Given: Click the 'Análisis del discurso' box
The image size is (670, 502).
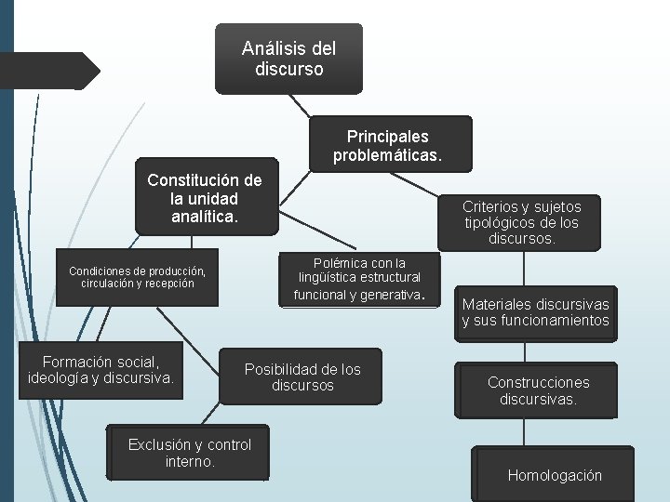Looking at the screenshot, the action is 288,58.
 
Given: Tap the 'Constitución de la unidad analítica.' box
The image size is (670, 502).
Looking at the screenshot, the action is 205,198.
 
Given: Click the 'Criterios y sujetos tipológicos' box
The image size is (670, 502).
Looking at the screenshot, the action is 522,222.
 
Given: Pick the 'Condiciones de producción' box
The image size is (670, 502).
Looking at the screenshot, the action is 137,277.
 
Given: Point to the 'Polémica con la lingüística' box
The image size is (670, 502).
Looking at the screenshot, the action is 359,279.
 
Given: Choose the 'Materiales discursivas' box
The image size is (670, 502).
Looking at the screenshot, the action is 535,312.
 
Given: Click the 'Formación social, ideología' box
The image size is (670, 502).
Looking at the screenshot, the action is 101,369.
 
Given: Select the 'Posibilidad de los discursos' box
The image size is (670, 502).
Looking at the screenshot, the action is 301,376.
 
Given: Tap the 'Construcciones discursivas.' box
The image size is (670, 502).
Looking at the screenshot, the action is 538,390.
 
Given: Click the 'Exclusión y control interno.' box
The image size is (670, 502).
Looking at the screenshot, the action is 189,452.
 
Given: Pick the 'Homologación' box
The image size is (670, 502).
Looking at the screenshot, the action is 555,475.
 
